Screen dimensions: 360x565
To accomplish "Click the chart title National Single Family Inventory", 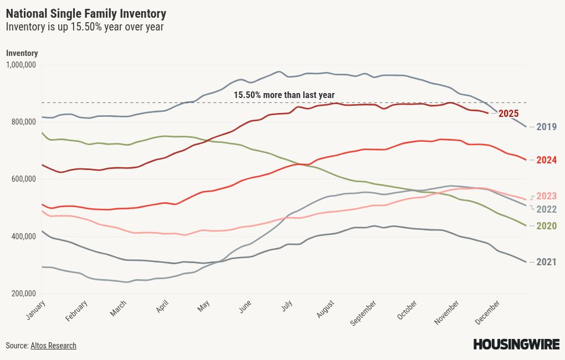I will point(86,13).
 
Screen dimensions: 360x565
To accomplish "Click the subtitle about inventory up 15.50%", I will point(85,27).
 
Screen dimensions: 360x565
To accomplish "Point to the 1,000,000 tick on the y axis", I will point(21,65).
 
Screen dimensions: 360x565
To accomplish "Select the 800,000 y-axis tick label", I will point(23,122).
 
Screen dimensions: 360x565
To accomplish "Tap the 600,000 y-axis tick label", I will point(23,179).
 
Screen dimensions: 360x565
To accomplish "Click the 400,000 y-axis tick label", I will point(23,236).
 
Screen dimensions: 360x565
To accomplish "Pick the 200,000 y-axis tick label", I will point(23,294).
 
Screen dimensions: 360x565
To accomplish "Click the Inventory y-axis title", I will point(22,53).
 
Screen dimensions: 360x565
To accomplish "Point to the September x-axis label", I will point(363,312).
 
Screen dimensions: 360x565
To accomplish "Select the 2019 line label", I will point(546,127).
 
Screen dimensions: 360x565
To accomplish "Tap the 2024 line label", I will point(546,160).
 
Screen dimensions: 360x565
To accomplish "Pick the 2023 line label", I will point(546,196).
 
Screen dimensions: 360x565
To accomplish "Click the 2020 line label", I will point(546,226).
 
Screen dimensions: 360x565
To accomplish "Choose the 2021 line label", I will point(546,261).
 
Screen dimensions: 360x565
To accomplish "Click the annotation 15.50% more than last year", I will point(284,95).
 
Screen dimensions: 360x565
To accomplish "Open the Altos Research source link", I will point(53,346).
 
